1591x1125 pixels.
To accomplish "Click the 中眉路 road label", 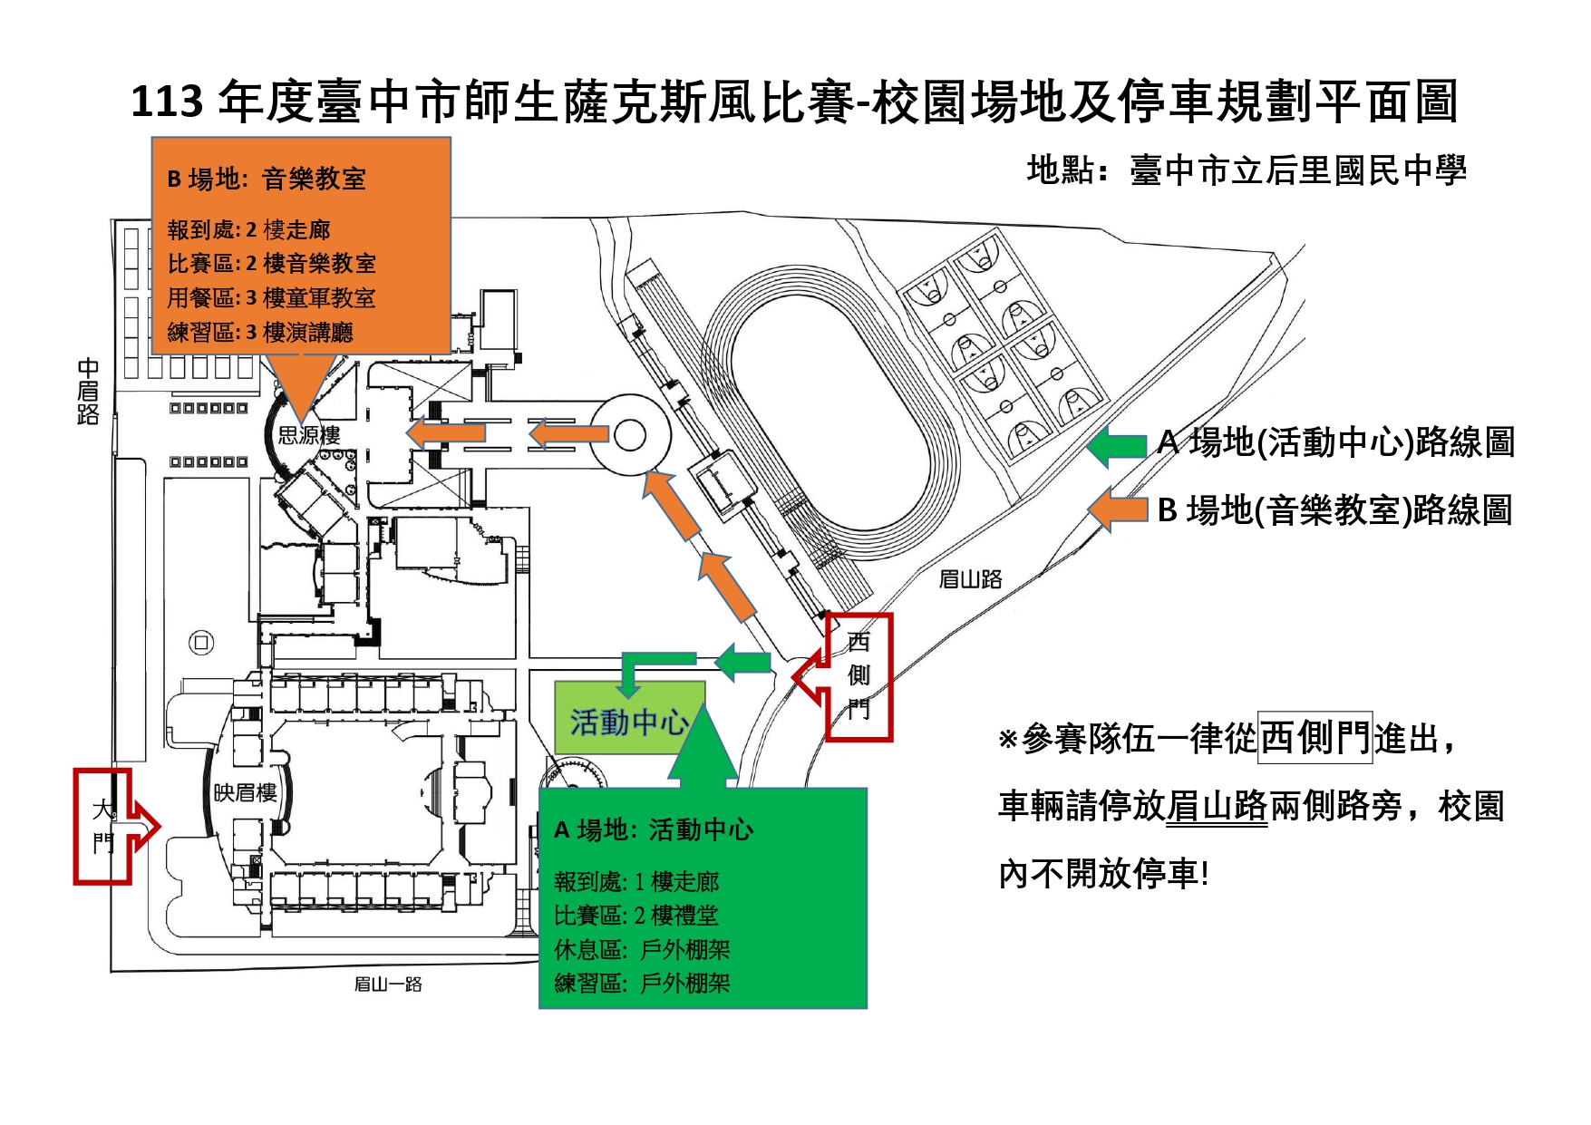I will pos(88,392).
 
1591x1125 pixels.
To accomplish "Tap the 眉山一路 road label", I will pos(388,984).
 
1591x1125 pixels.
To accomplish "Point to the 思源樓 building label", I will pos(309,436).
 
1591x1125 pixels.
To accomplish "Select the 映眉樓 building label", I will pos(245,793).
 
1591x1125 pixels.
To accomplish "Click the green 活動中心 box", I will pos(628,722).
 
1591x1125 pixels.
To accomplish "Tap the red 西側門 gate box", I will pos(859,676).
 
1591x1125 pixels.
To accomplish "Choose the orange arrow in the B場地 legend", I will pos(1118,509).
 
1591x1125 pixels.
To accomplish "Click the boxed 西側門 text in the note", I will pos(1315,738).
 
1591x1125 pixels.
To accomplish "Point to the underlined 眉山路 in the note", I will pos(1217,806).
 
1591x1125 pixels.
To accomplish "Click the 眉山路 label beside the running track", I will pos(970,579).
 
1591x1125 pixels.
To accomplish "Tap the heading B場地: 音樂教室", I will pos(267,179).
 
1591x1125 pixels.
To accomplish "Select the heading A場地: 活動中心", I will pos(654,829).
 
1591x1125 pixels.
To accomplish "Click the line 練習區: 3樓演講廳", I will pos(260,333).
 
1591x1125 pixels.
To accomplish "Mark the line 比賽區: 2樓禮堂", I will pos(636,916).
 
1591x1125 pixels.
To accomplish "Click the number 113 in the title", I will pos(167,102).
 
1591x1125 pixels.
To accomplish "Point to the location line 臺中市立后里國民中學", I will pos(1296,171).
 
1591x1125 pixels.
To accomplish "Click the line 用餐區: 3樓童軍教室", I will pos(271,298).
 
